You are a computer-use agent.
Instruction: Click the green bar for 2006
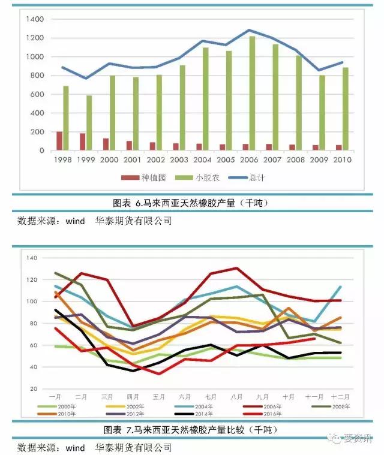(252, 94)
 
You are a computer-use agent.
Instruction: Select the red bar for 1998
(59, 141)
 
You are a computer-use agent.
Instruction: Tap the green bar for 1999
(89, 123)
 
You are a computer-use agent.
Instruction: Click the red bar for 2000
(106, 144)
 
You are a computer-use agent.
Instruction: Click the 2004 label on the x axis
(202, 161)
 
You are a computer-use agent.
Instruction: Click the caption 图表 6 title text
(191, 203)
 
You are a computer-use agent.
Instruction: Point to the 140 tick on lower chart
(32, 258)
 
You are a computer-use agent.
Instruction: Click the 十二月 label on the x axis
(340, 397)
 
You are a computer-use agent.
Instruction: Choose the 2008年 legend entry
(339, 406)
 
